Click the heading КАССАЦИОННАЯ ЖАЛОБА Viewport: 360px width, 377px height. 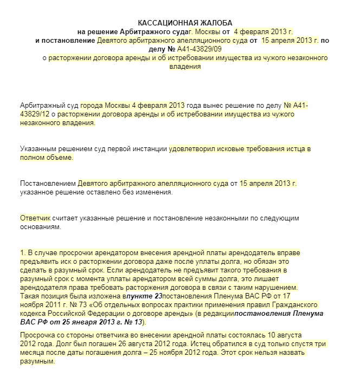click(x=185, y=22)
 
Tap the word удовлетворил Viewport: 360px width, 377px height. click(x=192, y=148)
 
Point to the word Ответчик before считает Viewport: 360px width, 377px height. click(x=35, y=217)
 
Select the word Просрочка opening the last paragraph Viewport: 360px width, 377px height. click(x=38, y=335)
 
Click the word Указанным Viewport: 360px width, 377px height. click(x=38, y=148)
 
